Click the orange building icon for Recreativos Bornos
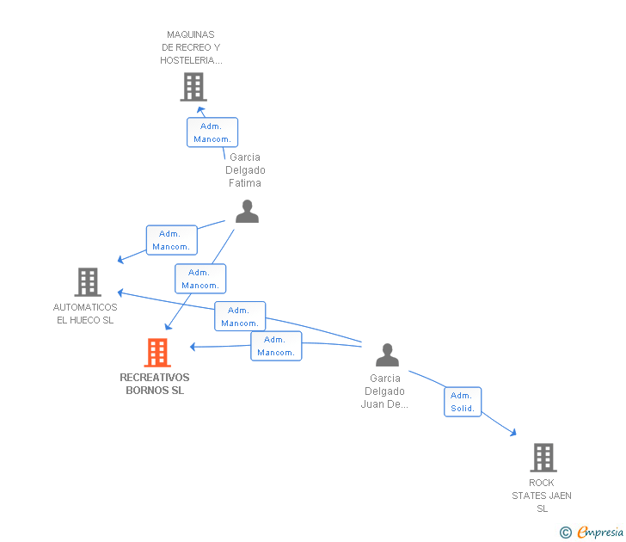pos(156,352)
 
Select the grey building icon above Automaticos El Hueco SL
pos(88,282)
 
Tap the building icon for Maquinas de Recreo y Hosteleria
pos(193,87)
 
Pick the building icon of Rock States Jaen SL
pos(543,458)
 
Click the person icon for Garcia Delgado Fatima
pos(247,212)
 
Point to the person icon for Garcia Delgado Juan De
pos(387,354)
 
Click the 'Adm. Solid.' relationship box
pos(463,402)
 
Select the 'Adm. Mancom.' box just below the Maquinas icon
pos(212,132)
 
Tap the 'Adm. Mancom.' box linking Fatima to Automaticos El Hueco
pos(171,240)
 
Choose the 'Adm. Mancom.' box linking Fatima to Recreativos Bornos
pos(200,279)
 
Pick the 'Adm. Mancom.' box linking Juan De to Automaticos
pos(240,317)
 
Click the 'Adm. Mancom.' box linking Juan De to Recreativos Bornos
pos(276,346)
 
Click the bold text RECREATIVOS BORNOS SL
pos(155,384)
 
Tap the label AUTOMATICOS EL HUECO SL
pos(85,314)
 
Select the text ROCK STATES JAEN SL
pos(542,496)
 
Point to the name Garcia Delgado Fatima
pos(245,170)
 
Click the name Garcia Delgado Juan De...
pos(385,391)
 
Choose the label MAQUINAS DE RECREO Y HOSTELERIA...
pos(192,47)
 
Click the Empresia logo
pos(594,533)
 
